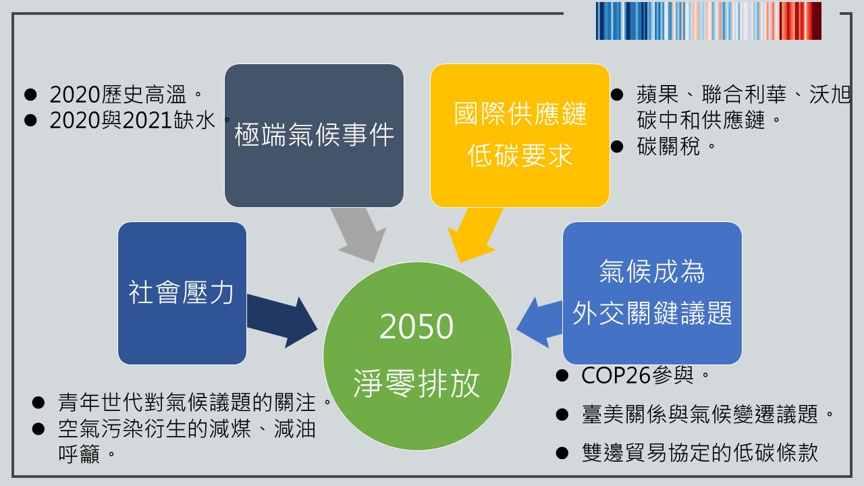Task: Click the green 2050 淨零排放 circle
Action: (x=417, y=356)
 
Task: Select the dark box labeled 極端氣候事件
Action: (x=314, y=136)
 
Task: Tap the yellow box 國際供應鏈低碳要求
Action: (x=520, y=136)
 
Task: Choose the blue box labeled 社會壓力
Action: (x=182, y=293)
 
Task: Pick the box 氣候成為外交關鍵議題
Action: (x=652, y=293)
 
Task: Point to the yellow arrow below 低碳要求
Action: (x=476, y=235)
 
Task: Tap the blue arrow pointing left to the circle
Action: (x=539, y=323)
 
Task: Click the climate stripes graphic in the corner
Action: (x=709, y=21)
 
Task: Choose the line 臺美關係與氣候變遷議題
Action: (x=707, y=414)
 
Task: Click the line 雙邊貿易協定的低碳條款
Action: (x=700, y=452)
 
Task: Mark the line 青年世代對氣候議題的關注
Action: (x=195, y=402)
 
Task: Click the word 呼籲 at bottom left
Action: (x=79, y=454)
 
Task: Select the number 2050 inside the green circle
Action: (x=416, y=326)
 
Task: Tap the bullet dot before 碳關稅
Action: (x=617, y=146)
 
